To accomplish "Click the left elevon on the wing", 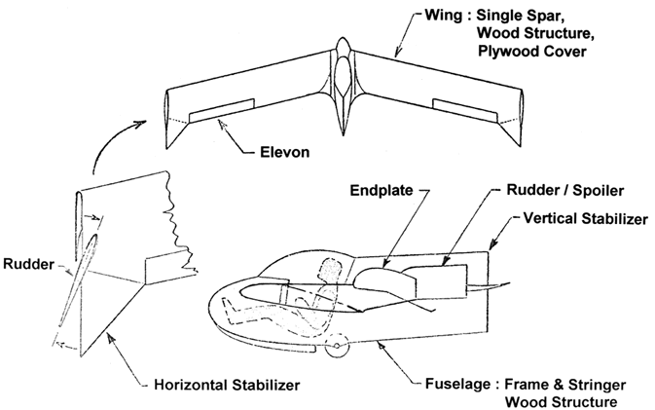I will point(222,111).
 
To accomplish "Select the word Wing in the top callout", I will point(420,18).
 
